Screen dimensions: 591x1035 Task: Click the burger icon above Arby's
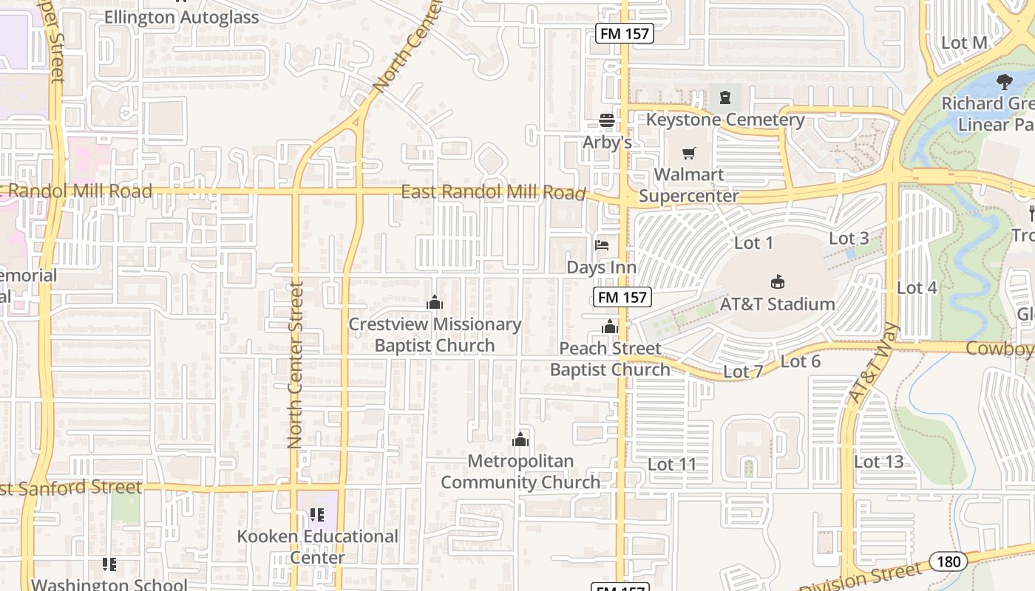click(607, 120)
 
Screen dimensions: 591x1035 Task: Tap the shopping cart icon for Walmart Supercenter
click(689, 154)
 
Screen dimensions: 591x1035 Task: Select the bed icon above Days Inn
click(602, 245)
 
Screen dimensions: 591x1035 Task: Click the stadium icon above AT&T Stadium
click(778, 281)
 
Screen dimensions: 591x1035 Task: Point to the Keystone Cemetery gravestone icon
click(725, 97)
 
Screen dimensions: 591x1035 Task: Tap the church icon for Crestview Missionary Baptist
click(435, 302)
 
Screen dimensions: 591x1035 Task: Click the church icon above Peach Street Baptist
click(610, 327)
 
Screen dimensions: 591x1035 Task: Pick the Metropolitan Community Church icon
click(520, 440)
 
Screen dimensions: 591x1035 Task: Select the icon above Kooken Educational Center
click(317, 514)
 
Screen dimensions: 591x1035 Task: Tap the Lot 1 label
click(753, 242)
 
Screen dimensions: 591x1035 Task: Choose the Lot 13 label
click(878, 462)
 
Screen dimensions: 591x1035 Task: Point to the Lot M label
click(964, 43)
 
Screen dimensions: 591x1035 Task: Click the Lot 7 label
click(743, 371)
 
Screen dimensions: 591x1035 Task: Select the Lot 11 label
click(672, 464)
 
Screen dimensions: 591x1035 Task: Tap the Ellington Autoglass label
click(181, 17)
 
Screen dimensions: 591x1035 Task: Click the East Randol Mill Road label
click(492, 192)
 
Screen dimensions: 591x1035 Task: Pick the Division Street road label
click(861, 579)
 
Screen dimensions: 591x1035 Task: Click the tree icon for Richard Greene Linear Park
click(1004, 81)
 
